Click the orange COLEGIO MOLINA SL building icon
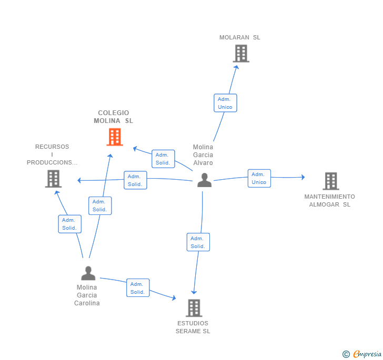(x=115, y=137)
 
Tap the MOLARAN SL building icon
(x=241, y=54)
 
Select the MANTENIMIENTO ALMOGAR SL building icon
(x=331, y=181)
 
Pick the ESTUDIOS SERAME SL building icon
(x=194, y=308)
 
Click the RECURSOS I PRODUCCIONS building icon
(x=53, y=179)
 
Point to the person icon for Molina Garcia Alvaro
(x=205, y=180)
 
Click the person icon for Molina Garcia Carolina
(x=88, y=273)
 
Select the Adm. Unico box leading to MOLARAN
(x=225, y=103)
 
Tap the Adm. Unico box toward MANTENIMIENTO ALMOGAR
(x=259, y=178)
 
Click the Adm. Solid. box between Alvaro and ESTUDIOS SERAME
(x=198, y=242)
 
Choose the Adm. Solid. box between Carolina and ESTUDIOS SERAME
(x=138, y=288)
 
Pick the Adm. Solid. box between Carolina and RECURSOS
(x=69, y=224)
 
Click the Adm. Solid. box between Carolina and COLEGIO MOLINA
(x=100, y=205)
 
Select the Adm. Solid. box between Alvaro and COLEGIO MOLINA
(x=163, y=159)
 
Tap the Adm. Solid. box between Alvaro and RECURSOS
(x=135, y=180)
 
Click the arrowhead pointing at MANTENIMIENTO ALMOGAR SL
(x=303, y=177)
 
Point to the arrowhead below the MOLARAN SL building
(x=236, y=67)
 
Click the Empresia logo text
(x=367, y=354)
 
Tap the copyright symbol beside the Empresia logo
(x=346, y=354)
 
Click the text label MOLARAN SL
(x=239, y=37)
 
